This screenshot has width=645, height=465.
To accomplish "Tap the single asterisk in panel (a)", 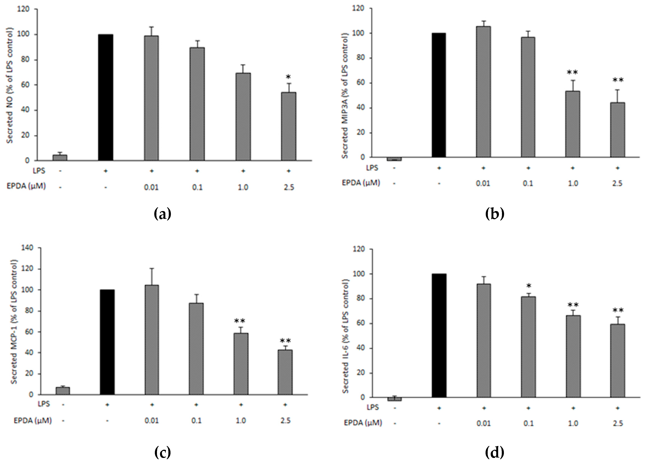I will tap(288, 77).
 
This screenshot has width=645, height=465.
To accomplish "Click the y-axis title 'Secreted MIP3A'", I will tap(345, 94).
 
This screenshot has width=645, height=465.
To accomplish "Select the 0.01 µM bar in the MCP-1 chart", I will tap(152, 340).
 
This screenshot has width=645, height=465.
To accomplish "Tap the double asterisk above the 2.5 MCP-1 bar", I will tap(285, 341).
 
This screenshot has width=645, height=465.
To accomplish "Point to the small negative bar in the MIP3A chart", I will tap(394, 159).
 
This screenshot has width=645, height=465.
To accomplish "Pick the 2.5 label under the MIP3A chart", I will tap(617, 183).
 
